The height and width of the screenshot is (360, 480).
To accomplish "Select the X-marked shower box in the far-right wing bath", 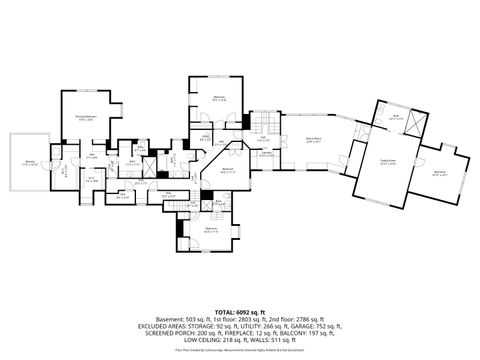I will coord(416,124).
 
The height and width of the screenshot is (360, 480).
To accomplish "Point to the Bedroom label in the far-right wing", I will coord(440,173).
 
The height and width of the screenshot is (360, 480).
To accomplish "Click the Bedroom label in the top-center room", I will coord(220,98).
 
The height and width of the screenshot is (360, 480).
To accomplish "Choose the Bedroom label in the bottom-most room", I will coord(211,230).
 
